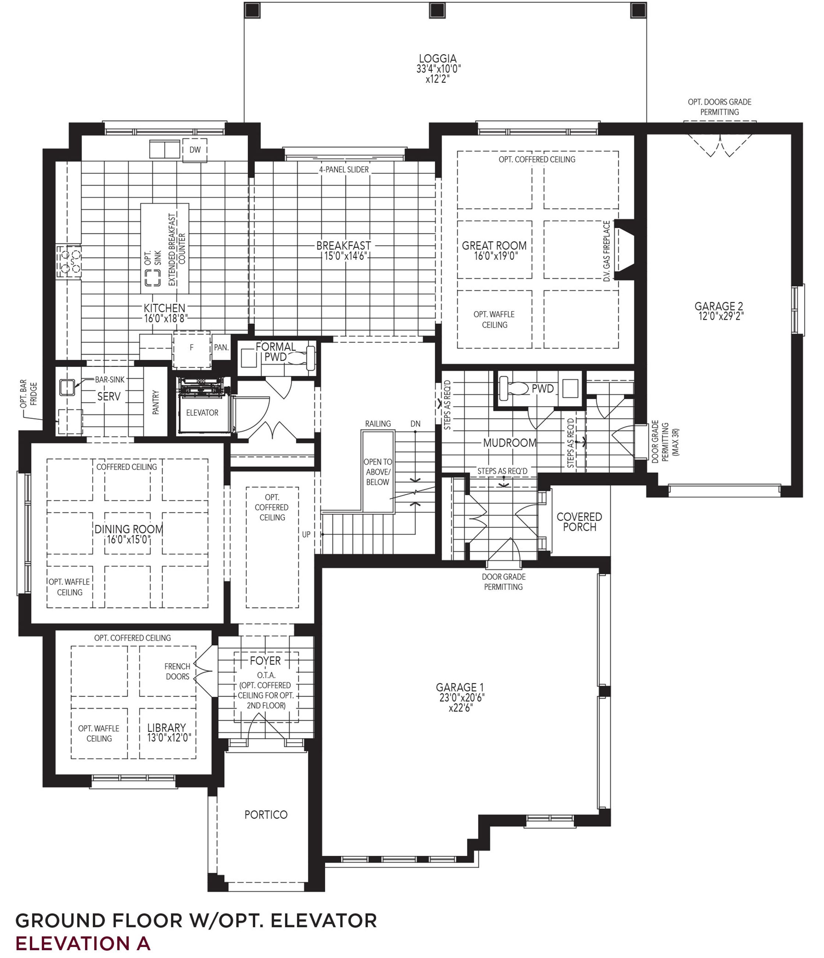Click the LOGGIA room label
pyautogui.click(x=437, y=59)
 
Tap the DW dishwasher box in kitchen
pyautogui.click(x=195, y=150)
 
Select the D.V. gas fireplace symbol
pyautogui.click(x=623, y=250)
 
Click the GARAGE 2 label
pyautogui.click(x=718, y=306)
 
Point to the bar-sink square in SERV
pyautogui.click(x=67, y=387)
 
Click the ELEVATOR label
pyautogui.click(x=202, y=412)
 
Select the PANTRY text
pyautogui.click(x=156, y=402)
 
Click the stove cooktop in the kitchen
pyautogui.click(x=68, y=262)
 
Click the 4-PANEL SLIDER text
pyautogui.click(x=344, y=170)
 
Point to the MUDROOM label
pyautogui.click(x=509, y=443)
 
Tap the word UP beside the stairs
pyautogui.click(x=306, y=535)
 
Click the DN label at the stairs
pyautogui.click(x=415, y=423)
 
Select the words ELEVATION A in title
pyautogui.click(x=83, y=943)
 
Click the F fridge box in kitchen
pyautogui.click(x=192, y=348)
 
